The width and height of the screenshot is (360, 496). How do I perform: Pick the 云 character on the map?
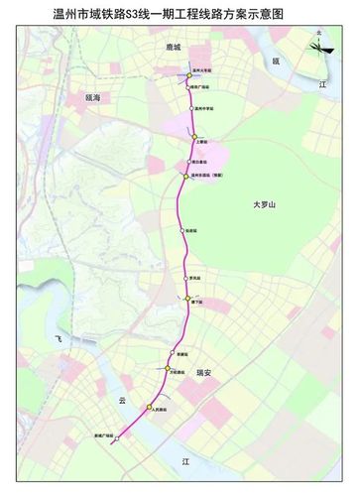click(x=123, y=401)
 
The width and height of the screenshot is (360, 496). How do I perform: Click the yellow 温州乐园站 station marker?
click(x=183, y=176)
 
